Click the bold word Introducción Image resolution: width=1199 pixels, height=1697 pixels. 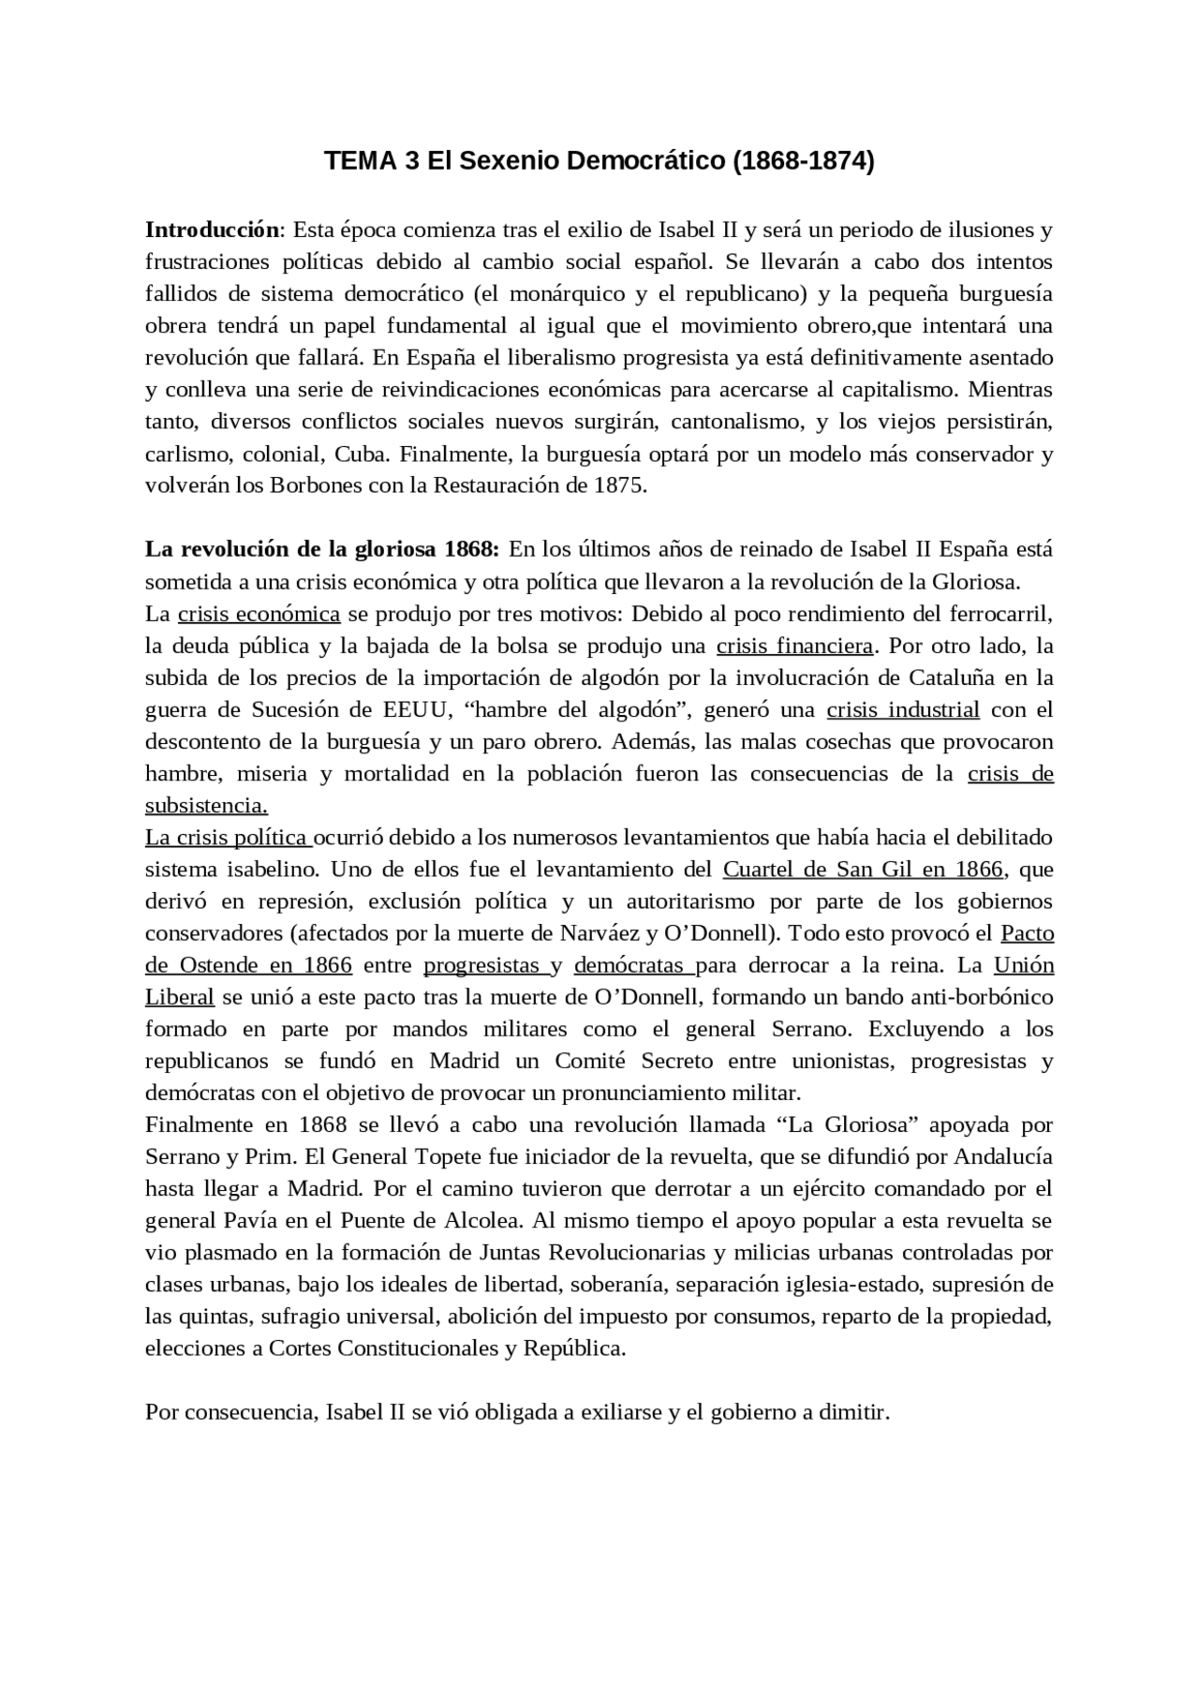point(212,230)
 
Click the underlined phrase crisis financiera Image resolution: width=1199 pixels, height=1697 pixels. point(794,646)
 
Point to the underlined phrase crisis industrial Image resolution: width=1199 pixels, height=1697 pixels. point(903,709)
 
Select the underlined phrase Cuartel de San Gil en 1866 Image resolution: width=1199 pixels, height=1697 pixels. point(863,869)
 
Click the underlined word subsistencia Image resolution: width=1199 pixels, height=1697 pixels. point(206,806)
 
